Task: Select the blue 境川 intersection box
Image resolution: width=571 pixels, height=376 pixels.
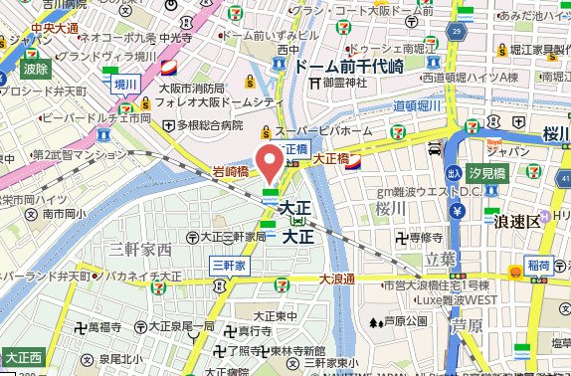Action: (x=124, y=86)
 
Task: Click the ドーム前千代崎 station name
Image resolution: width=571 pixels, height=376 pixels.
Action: (x=347, y=66)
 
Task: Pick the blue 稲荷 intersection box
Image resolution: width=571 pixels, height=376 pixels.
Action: (x=539, y=266)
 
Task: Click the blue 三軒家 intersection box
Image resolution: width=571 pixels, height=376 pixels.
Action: (x=228, y=265)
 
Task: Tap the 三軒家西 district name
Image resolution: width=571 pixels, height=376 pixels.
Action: (x=140, y=248)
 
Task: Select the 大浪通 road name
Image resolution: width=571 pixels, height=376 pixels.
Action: (x=337, y=282)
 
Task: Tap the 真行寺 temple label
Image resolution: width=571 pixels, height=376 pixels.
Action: (x=249, y=330)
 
